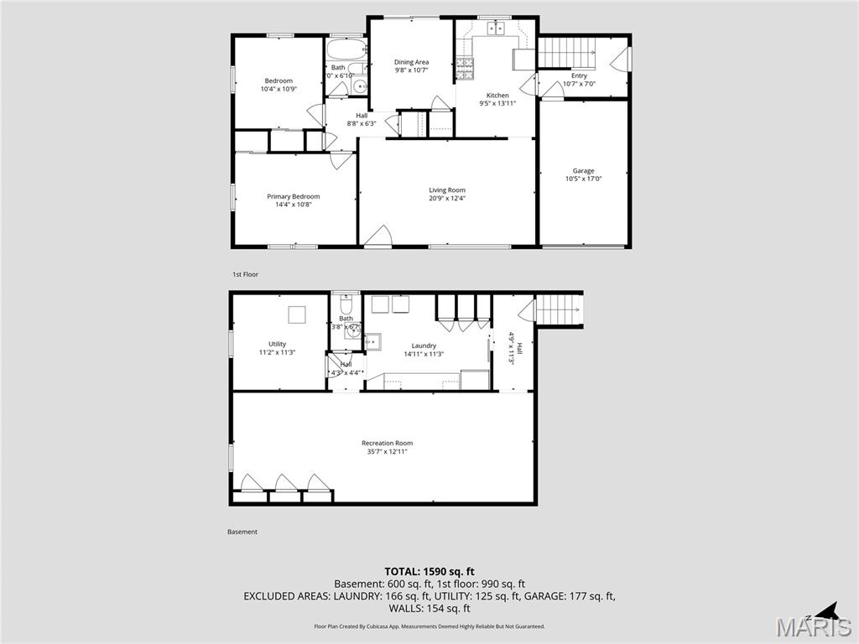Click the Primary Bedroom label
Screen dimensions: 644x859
(x=293, y=196)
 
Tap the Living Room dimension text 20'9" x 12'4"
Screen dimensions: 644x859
(x=446, y=199)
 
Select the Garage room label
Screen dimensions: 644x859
(x=583, y=171)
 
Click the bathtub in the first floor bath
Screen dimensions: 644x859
(x=345, y=48)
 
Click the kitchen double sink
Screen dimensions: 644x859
(x=493, y=29)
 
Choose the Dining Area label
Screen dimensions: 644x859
(x=411, y=62)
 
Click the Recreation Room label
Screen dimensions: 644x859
(x=387, y=443)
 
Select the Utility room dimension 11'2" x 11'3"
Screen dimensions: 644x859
(x=277, y=353)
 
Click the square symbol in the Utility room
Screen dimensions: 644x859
(x=297, y=315)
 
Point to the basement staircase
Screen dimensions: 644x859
(x=558, y=309)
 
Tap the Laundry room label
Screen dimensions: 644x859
(x=423, y=345)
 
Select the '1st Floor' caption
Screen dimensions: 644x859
(x=245, y=274)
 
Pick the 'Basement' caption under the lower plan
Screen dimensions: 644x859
(x=242, y=532)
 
